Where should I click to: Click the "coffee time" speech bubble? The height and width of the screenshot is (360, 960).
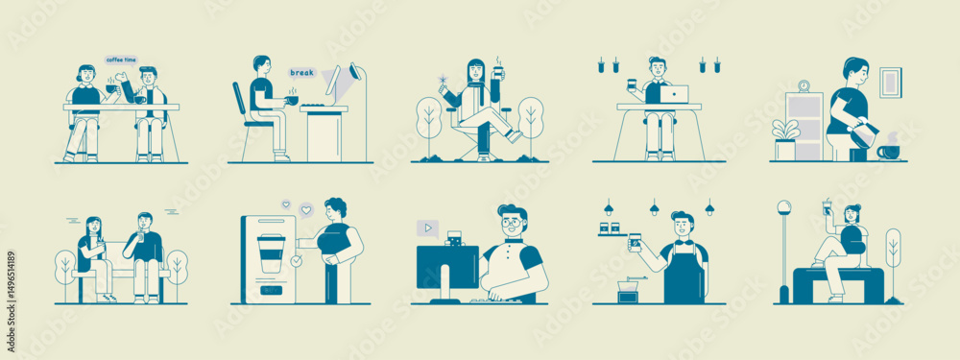point(120,59)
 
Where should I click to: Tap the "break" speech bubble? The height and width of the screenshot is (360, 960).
point(301,72)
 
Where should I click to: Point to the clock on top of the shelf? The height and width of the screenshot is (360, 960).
point(804,86)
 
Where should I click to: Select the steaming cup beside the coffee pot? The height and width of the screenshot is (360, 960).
point(889,151)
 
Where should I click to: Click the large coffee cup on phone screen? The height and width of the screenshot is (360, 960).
point(272,253)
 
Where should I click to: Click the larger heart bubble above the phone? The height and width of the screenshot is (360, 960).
point(306,209)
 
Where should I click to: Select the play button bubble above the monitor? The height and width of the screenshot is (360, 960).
point(427,228)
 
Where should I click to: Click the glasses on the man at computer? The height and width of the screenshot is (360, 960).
point(511,224)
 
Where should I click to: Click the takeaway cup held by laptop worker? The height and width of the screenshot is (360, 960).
point(634,84)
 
